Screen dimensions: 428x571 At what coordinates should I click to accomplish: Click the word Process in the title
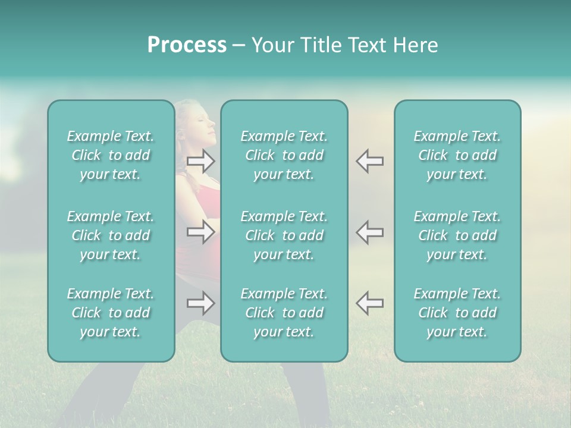pyautogui.click(x=187, y=45)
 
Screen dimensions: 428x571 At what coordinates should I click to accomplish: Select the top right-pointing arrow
pyautogui.click(x=201, y=161)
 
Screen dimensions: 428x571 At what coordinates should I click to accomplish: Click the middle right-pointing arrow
pyautogui.click(x=201, y=231)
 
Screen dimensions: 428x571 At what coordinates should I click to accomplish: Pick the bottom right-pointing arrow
pyautogui.click(x=201, y=303)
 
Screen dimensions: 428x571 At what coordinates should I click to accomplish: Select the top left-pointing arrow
pyautogui.click(x=370, y=161)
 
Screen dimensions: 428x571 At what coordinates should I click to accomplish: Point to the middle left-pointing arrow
pyautogui.click(x=370, y=231)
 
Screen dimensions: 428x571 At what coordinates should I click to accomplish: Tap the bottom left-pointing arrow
pyautogui.click(x=370, y=303)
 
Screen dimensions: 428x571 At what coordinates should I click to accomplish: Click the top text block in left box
pyautogui.click(x=111, y=155)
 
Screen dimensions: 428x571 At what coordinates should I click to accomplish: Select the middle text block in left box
pyautogui.click(x=111, y=235)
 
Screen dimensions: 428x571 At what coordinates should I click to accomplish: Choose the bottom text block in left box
pyautogui.click(x=111, y=313)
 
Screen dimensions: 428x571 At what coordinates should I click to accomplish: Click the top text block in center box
pyautogui.click(x=284, y=155)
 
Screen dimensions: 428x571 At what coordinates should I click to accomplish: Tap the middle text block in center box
pyautogui.click(x=284, y=235)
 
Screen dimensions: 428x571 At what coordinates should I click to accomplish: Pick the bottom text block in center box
pyautogui.click(x=284, y=313)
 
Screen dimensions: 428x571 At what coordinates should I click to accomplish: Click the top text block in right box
pyautogui.click(x=457, y=155)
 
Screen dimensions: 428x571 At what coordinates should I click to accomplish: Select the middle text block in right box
pyautogui.click(x=457, y=235)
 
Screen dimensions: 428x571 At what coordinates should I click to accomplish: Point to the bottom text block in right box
pyautogui.click(x=457, y=313)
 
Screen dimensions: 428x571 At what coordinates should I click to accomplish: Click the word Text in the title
pyautogui.click(x=371, y=45)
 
